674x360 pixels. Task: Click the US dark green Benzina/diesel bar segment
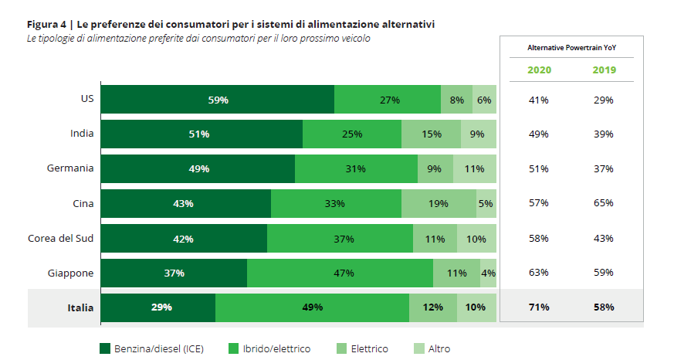coord(217,100)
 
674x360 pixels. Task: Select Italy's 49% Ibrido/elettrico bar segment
coord(312,307)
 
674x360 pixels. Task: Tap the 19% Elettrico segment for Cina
coord(439,204)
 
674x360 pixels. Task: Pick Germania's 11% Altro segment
coord(474,169)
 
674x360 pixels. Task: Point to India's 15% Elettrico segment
coord(431,134)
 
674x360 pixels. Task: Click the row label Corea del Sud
coord(60,238)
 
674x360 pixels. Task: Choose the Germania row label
coord(70,168)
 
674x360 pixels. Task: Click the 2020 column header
coord(539,70)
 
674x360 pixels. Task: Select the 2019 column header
coord(604,70)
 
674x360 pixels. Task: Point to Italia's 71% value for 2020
coord(539,307)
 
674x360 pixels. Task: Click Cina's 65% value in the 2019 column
coord(604,203)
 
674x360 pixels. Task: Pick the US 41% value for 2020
coord(539,100)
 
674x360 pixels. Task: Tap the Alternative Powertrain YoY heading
coord(571,48)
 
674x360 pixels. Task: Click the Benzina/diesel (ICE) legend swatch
coord(106,349)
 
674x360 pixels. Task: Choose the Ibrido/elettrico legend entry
coord(269,349)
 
